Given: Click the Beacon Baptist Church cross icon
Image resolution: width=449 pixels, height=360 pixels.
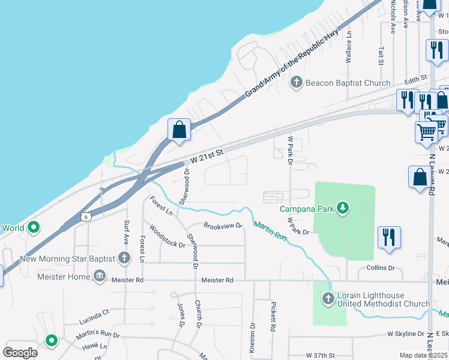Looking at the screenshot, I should pyautogui.click(x=296, y=82).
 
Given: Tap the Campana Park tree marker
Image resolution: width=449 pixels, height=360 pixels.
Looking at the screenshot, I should pyautogui.click(x=343, y=209).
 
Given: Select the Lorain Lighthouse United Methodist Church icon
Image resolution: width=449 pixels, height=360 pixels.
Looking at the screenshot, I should pyautogui.click(x=328, y=298).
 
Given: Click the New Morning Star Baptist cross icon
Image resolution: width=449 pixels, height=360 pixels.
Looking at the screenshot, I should pyautogui.click(x=124, y=259).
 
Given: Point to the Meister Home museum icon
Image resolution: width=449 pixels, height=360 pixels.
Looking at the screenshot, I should pyautogui.click(x=100, y=277).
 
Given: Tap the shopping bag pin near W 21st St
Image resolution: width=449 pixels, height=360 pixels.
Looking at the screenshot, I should pyautogui.click(x=179, y=130).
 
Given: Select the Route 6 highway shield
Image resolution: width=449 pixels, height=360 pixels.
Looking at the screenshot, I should pyautogui.click(x=87, y=217).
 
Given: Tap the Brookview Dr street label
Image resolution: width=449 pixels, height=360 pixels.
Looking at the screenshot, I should pyautogui.click(x=222, y=226).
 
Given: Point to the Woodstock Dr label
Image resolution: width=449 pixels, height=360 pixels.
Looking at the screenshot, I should pyautogui.click(x=167, y=236).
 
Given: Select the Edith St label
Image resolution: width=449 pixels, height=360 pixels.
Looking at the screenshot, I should pyautogui.click(x=415, y=79).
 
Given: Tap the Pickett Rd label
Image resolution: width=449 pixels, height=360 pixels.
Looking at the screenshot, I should pyautogui.click(x=273, y=317).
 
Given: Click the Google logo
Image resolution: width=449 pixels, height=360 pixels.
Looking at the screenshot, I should pyautogui.click(x=20, y=352).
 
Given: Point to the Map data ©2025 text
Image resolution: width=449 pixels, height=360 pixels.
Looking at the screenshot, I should pyautogui.click(x=424, y=355).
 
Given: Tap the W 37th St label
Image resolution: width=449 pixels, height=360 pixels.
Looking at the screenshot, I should pyautogui.click(x=319, y=356).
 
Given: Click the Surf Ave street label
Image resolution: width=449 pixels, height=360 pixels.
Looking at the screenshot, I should pyautogui.click(x=126, y=233).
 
